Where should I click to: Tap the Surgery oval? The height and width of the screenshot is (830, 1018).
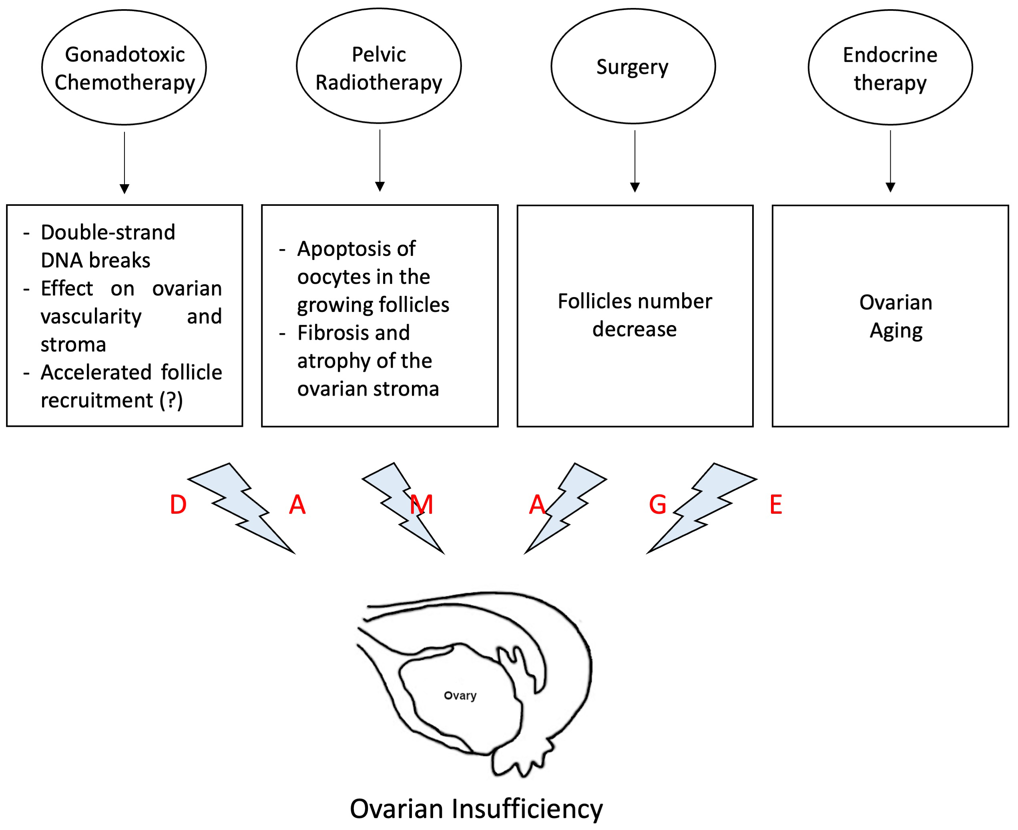(633, 66)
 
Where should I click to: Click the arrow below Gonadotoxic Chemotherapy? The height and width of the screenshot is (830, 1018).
(124, 163)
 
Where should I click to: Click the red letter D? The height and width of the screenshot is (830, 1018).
(178, 505)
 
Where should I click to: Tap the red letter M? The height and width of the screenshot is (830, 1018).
(422, 505)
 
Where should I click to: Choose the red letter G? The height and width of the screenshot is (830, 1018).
(658, 505)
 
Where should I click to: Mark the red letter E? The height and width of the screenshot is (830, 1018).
(776, 505)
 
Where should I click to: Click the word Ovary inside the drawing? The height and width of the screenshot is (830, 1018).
(460, 695)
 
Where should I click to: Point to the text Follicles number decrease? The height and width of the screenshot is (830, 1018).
(634, 316)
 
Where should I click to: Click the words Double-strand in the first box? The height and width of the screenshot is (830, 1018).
(108, 232)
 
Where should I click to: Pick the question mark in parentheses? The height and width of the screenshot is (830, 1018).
(171, 400)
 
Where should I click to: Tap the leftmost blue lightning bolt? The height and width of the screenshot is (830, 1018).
(241, 508)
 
